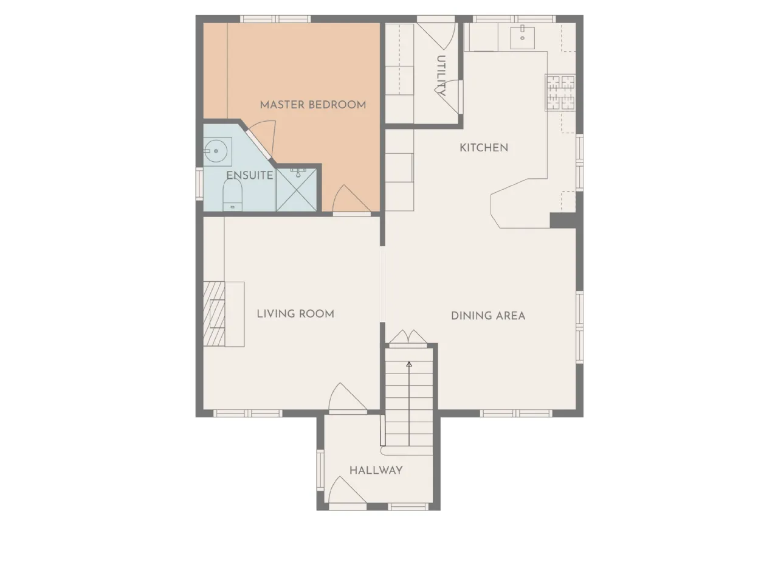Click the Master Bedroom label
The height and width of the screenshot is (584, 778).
point(312,105)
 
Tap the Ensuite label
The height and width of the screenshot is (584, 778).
point(250,175)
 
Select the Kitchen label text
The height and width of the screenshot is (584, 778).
point(483,147)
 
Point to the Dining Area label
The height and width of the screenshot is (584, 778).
point(487,316)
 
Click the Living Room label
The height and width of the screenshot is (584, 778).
point(295,314)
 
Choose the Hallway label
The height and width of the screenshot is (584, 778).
point(376,470)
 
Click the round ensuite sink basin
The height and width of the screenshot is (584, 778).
point(216,151)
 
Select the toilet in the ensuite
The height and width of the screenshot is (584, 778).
point(232,195)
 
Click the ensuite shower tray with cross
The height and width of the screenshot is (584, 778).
point(297,190)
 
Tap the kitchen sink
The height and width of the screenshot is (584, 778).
point(522,36)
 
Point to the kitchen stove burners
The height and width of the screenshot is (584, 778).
point(560,92)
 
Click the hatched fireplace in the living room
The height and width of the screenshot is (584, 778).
point(214,313)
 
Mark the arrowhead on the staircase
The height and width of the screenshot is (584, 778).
point(409,364)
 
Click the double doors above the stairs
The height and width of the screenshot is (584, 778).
point(408,337)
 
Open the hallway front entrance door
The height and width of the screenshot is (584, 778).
point(347,491)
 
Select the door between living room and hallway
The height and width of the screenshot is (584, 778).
point(347,398)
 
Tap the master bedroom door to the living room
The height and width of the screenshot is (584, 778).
point(351,200)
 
